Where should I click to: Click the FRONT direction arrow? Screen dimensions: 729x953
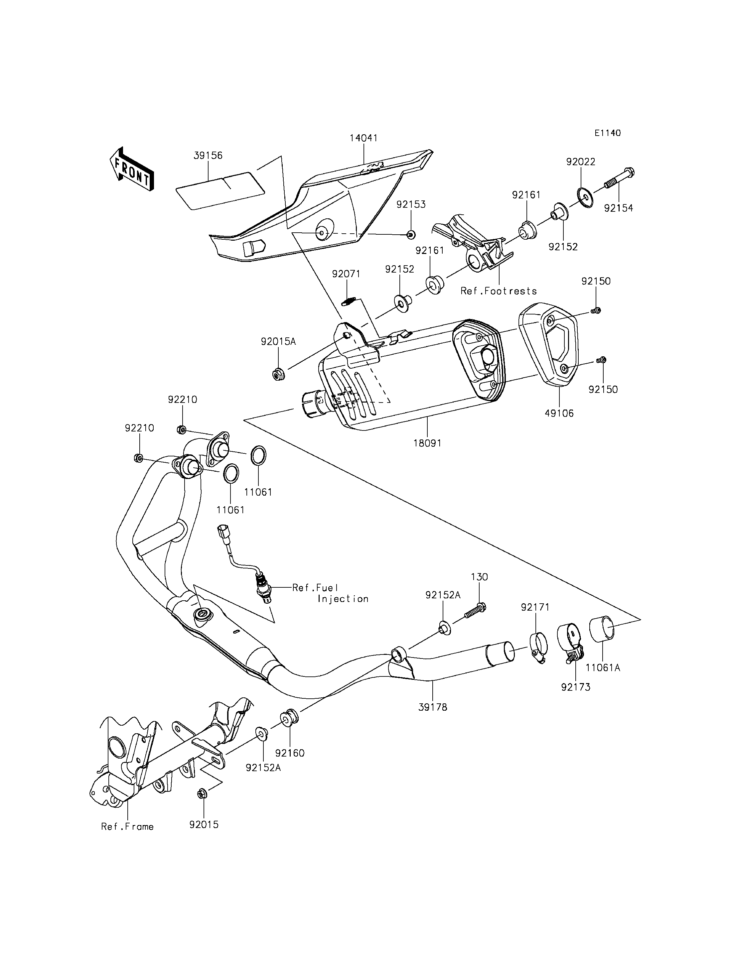click(131, 169)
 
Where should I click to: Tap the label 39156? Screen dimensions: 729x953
click(208, 155)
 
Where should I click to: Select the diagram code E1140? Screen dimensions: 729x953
click(608, 133)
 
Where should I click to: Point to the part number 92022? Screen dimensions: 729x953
click(581, 162)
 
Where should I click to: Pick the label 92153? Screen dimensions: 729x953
click(411, 204)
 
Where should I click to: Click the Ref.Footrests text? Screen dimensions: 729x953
click(499, 291)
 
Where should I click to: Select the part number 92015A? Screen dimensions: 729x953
click(278, 341)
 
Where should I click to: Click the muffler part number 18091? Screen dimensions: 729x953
click(427, 443)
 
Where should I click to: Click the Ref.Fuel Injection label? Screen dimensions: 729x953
click(330, 593)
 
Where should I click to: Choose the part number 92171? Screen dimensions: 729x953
click(535, 607)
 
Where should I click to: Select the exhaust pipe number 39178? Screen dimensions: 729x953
click(433, 707)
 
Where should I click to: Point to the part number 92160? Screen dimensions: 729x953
click(290, 753)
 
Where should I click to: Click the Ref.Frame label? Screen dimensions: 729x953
click(127, 826)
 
